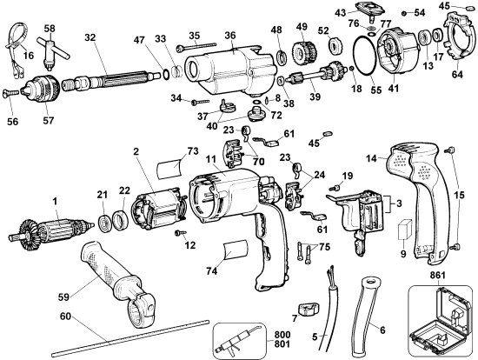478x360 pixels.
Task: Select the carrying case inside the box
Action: click(441, 321)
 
